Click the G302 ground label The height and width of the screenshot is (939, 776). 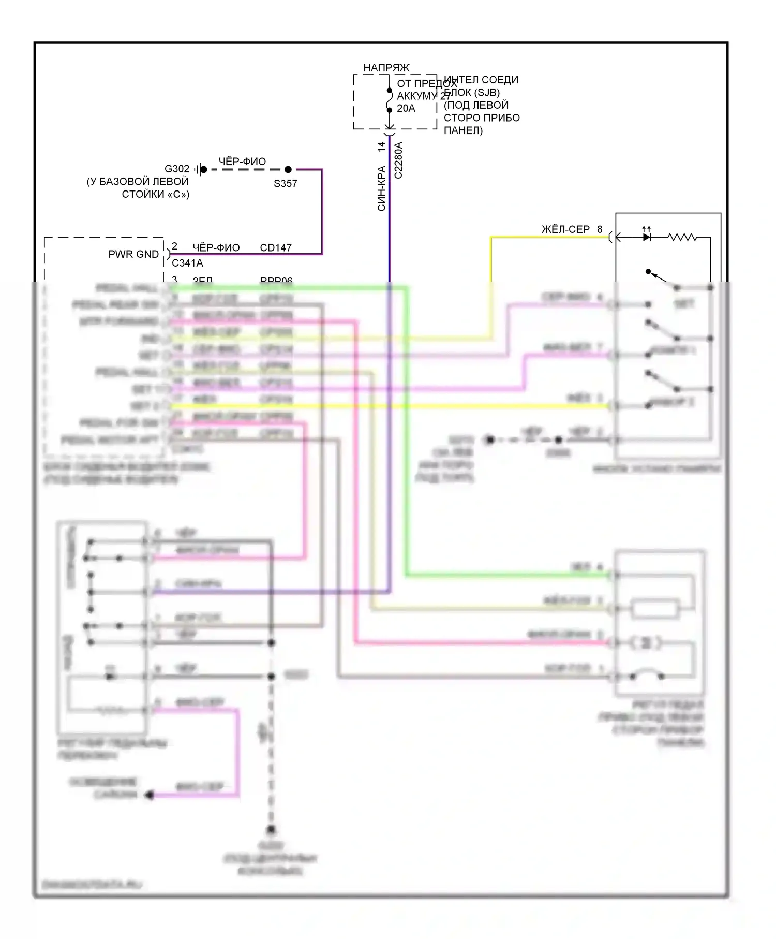(177, 169)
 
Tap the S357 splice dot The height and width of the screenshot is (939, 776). (288, 169)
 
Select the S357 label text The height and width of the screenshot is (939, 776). (286, 183)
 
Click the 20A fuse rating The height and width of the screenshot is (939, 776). (406, 108)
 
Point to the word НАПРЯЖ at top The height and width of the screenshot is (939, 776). (386, 68)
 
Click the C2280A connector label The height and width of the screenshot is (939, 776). (398, 160)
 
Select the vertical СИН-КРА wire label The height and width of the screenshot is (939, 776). (382, 188)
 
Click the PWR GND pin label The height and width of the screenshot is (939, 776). (133, 254)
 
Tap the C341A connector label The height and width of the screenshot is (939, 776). (187, 263)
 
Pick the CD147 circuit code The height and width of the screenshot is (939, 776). (276, 247)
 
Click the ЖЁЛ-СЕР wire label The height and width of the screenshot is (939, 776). (565, 229)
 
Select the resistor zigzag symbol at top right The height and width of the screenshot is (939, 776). (682, 237)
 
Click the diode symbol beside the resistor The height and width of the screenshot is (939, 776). (647, 237)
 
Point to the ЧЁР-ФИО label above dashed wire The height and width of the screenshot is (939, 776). (242, 162)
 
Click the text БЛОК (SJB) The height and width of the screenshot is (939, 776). (472, 93)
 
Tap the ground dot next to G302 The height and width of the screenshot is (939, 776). (204, 169)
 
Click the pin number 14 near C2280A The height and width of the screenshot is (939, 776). (382, 146)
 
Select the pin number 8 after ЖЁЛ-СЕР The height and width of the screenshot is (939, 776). (600, 229)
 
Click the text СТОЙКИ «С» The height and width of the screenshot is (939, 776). (156, 194)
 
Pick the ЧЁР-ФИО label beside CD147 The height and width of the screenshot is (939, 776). (216, 247)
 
